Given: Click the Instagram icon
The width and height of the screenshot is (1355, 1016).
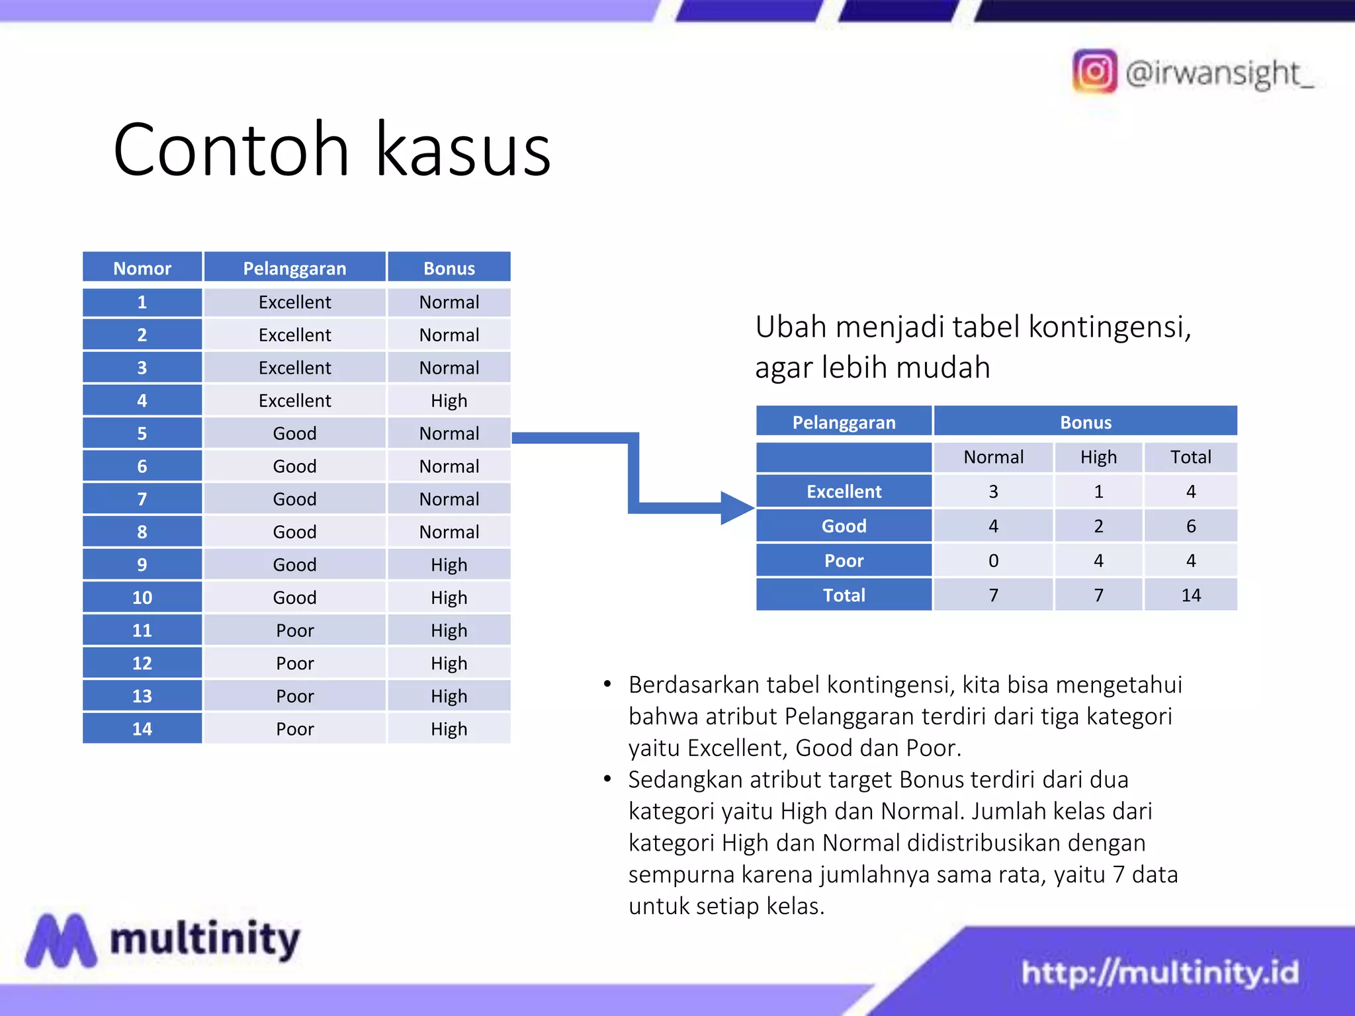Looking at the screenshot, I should (1094, 71).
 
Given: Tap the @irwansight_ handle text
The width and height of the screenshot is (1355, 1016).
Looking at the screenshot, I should (1219, 73).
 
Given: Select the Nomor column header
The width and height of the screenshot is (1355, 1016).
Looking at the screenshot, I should (142, 268).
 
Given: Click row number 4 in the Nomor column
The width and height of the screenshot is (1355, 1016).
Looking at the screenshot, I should (142, 400).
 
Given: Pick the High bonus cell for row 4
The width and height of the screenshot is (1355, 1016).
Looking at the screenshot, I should (449, 400).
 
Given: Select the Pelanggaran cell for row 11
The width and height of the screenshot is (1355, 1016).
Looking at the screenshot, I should (295, 630).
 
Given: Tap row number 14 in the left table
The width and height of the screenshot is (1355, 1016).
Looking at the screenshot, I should (142, 729).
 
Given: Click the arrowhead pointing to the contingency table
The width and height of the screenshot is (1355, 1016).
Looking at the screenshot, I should (736, 508).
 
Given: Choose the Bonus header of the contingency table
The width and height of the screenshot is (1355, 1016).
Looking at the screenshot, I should (1085, 422).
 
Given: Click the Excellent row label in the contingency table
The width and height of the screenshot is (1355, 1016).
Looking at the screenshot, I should (844, 491).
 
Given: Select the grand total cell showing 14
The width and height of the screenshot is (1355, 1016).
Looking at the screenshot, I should (1190, 595).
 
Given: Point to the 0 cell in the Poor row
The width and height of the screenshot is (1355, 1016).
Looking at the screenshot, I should (993, 561).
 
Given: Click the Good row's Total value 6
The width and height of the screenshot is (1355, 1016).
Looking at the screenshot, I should (1190, 527).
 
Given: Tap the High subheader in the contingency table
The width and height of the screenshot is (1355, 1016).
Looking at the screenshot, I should (1098, 457).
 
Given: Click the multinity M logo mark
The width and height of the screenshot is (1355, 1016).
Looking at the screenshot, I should (61, 941).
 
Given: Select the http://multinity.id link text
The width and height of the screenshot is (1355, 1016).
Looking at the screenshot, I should (1159, 972).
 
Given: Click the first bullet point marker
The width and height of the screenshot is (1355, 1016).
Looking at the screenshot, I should (607, 684).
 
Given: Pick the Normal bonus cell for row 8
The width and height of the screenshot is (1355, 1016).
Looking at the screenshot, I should (449, 532).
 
